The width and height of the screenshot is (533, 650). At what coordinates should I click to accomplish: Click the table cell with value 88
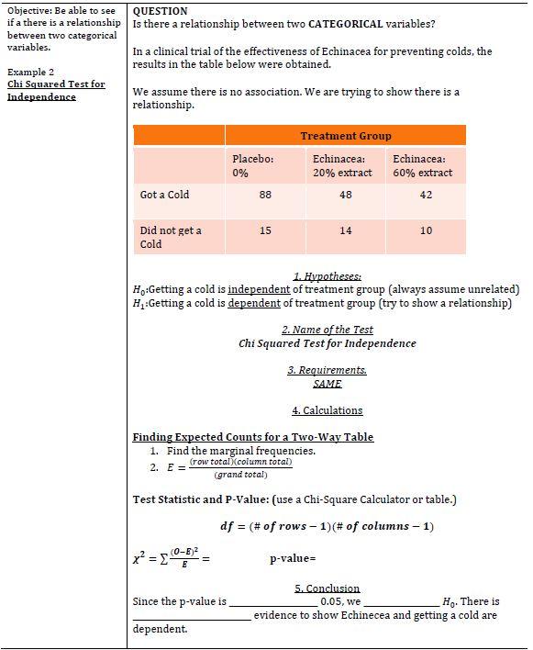pos(265,195)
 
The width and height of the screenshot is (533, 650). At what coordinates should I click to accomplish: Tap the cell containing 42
pos(426,195)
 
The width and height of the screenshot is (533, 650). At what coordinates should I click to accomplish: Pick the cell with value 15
pos(265,230)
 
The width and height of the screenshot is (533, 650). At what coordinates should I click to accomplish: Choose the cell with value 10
pos(426,230)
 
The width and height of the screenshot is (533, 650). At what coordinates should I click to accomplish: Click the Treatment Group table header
pos(345,136)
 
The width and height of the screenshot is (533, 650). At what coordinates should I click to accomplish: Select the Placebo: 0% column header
pos(253,165)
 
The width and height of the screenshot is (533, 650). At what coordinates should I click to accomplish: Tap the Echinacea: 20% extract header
pos(342,165)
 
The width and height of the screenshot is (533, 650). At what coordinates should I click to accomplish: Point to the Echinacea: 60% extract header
pos(422,165)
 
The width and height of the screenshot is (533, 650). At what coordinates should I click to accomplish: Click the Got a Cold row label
pos(164,195)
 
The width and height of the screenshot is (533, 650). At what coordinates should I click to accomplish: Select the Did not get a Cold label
pos(170,237)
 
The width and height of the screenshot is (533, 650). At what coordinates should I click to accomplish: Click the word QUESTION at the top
pos(160,11)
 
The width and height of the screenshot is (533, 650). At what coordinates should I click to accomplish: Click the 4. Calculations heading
pos(327,410)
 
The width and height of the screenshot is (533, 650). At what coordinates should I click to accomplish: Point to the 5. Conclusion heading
pos(327,588)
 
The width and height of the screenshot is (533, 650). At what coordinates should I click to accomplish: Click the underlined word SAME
pos(327,384)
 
